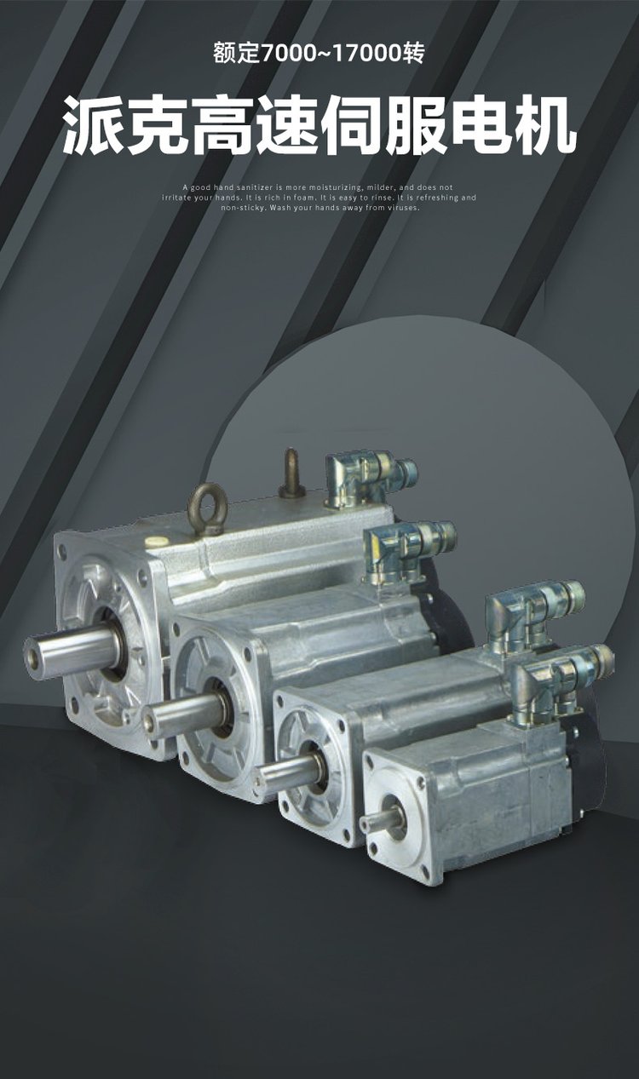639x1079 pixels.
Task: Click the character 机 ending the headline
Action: (x=545, y=125)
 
